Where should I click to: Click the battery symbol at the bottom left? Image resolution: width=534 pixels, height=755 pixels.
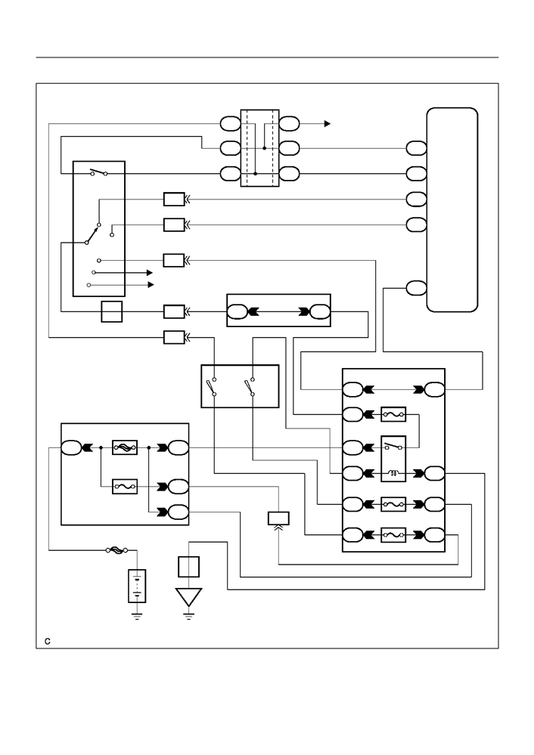(x=137, y=586)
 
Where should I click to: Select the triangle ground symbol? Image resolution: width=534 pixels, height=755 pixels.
(x=188, y=597)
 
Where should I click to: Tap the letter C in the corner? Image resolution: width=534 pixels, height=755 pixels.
(x=48, y=642)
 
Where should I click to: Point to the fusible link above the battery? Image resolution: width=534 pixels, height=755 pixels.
(x=116, y=550)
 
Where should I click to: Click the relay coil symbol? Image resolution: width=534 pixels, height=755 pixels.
(x=393, y=474)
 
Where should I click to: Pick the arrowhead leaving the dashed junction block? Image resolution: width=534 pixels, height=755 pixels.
(x=328, y=124)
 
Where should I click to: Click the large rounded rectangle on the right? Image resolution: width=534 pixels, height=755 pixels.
(x=452, y=210)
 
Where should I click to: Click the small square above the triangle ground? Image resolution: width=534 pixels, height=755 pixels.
(x=188, y=567)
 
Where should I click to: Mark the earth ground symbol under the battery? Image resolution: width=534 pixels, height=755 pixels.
(x=137, y=617)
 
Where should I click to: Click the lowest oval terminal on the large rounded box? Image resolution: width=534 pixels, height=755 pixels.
(x=416, y=288)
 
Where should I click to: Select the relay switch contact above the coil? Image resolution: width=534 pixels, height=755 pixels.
(x=393, y=447)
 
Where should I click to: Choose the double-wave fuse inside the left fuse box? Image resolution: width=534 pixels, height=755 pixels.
(x=125, y=448)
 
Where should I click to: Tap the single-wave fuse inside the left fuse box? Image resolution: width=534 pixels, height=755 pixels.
(x=125, y=486)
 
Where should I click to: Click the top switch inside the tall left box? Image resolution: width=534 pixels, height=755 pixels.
(x=99, y=172)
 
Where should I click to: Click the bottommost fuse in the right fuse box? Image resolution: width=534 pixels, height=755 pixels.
(x=393, y=535)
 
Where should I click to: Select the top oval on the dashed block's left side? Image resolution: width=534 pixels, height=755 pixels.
(x=231, y=124)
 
